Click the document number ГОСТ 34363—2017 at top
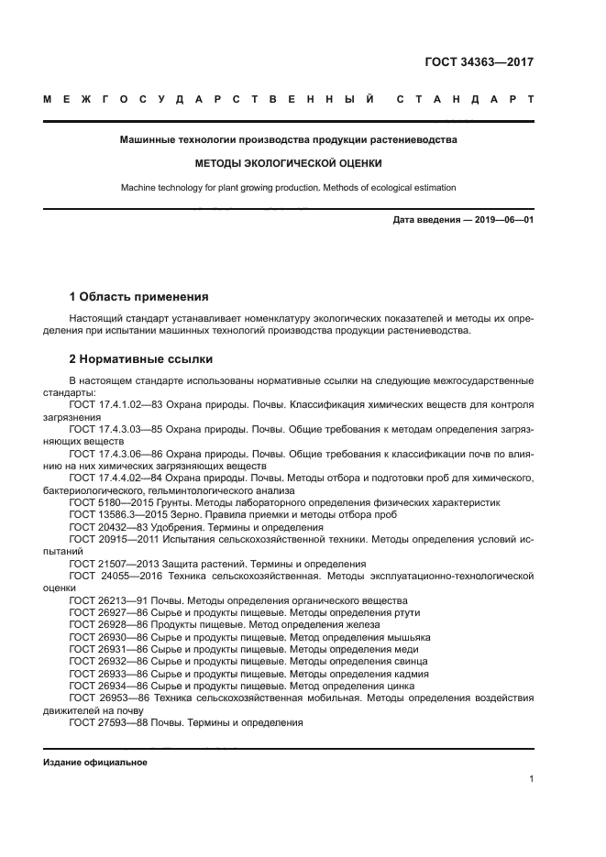[x=479, y=62]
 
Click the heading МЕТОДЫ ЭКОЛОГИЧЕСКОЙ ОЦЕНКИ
[x=288, y=163]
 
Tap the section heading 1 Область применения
[x=138, y=297]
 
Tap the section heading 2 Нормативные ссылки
[x=141, y=359]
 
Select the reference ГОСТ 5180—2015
[x=107, y=502]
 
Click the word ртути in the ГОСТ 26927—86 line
[x=395, y=612]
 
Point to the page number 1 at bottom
[x=532, y=779]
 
